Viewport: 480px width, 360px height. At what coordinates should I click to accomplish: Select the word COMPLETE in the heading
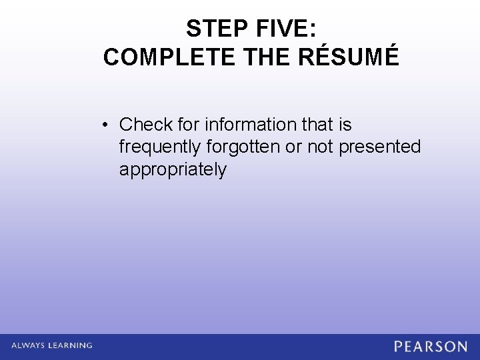click(169, 58)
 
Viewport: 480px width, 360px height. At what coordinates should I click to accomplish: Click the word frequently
click(159, 147)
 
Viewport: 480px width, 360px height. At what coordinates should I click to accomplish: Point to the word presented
click(380, 147)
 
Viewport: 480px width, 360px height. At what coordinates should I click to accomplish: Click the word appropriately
click(173, 170)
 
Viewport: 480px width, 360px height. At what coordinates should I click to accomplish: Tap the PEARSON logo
click(431, 346)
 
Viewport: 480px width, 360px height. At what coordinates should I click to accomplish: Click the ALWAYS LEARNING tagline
click(51, 345)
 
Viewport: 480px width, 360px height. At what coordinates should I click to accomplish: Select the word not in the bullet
click(321, 147)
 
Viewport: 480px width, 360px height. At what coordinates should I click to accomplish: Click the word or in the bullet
click(293, 147)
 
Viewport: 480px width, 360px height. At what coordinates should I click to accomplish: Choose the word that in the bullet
click(319, 125)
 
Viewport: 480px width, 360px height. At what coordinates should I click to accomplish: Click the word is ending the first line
click(345, 125)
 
